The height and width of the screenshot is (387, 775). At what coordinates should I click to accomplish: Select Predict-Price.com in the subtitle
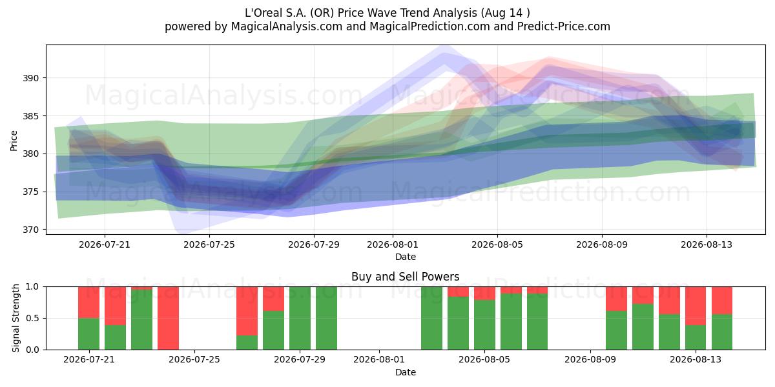click(564, 26)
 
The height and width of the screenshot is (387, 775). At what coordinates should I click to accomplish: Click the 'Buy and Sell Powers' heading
click(405, 277)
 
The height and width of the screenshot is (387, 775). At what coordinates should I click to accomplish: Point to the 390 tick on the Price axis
click(30, 78)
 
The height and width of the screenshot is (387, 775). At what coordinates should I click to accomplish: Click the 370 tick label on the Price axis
click(30, 230)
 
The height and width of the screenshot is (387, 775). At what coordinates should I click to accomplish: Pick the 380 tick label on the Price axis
click(30, 154)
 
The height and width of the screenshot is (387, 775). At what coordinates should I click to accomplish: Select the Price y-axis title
click(14, 141)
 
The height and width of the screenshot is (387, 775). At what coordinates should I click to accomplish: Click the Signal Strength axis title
click(15, 318)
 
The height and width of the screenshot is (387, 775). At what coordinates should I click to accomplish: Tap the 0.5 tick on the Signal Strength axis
click(32, 318)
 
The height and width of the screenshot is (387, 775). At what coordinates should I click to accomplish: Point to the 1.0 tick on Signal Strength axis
click(32, 287)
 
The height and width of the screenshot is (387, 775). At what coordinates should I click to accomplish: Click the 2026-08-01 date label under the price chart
click(393, 244)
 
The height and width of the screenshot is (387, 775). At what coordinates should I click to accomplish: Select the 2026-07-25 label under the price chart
click(209, 244)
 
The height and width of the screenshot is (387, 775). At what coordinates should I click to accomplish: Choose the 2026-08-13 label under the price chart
click(707, 244)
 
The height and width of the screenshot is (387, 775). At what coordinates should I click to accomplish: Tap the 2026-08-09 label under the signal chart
click(590, 360)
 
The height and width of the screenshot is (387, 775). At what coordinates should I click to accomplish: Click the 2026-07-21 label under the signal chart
click(89, 360)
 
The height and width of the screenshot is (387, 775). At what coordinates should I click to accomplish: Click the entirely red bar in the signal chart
click(168, 318)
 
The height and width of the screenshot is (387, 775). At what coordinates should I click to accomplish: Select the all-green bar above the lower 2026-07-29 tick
click(300, 318)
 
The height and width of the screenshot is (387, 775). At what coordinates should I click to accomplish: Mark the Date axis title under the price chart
click(406, 257)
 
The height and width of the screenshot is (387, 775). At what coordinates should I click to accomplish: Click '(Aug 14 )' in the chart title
click(505, 13)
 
